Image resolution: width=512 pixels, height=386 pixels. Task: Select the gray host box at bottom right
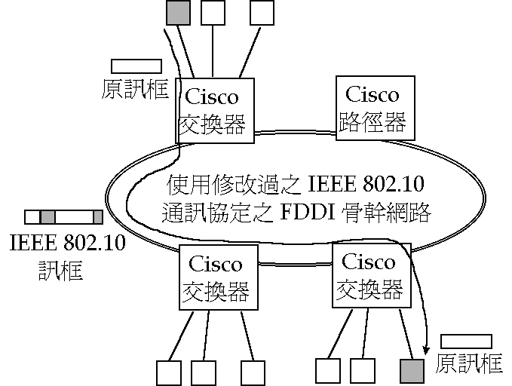tap(412, 370)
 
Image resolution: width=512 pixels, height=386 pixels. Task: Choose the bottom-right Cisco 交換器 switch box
tap(368, 274)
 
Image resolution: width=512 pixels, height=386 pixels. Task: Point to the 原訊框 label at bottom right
tap(469, 363)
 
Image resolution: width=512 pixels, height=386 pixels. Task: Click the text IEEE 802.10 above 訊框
tap(67, 244)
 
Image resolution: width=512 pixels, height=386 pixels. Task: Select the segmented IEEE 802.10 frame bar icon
tap(63, 218)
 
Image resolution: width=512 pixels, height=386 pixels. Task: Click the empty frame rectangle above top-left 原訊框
tap(136, 66)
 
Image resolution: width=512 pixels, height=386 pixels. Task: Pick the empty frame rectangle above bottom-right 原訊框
tap(466, 342)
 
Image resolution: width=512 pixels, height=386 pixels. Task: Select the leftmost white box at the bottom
tap(168, 372)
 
